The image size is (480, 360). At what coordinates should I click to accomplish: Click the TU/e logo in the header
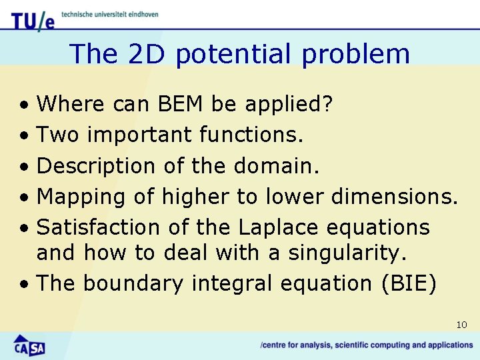coord(32,19)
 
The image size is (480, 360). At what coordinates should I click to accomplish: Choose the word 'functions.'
coord(251,135)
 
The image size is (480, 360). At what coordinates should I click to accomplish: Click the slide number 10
coord(461,325)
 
